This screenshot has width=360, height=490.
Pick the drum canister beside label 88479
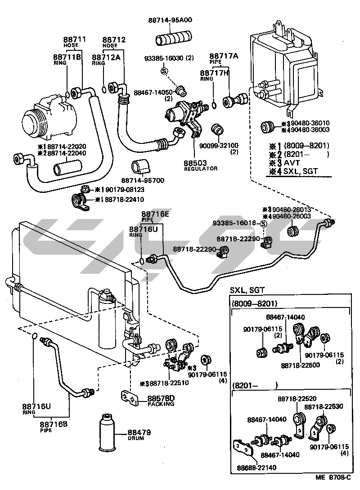point(107,432)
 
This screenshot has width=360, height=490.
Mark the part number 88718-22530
point(323,407)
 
